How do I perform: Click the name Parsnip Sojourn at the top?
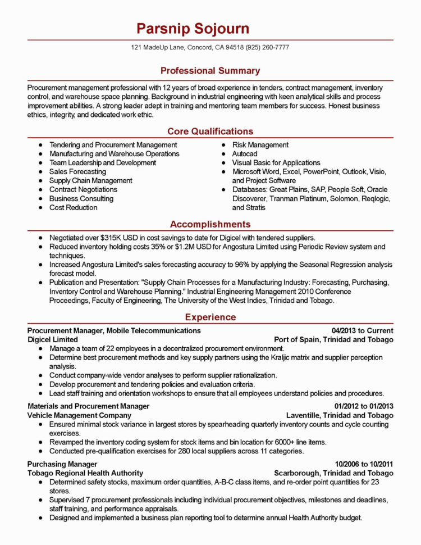[x=193, y=29]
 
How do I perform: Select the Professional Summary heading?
[x=210, y=71]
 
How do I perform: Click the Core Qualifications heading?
[x=210, y=131]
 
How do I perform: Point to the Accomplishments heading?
[x=210, y=224]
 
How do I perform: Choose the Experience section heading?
[x=210, y=317]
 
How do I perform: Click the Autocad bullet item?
[x=245, y=154]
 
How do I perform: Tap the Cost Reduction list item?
[x=73, y=208]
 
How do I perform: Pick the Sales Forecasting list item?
[x=77, y=172]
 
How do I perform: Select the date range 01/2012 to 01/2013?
[x=364, y=406]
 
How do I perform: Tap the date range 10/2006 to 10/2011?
[x=364, y=464]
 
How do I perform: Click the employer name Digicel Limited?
[x=53, y=340]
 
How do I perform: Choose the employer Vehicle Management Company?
[x=79, y=415]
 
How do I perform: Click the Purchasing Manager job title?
[x=62, y=464]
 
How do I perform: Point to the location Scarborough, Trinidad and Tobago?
[x=333, y=473]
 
